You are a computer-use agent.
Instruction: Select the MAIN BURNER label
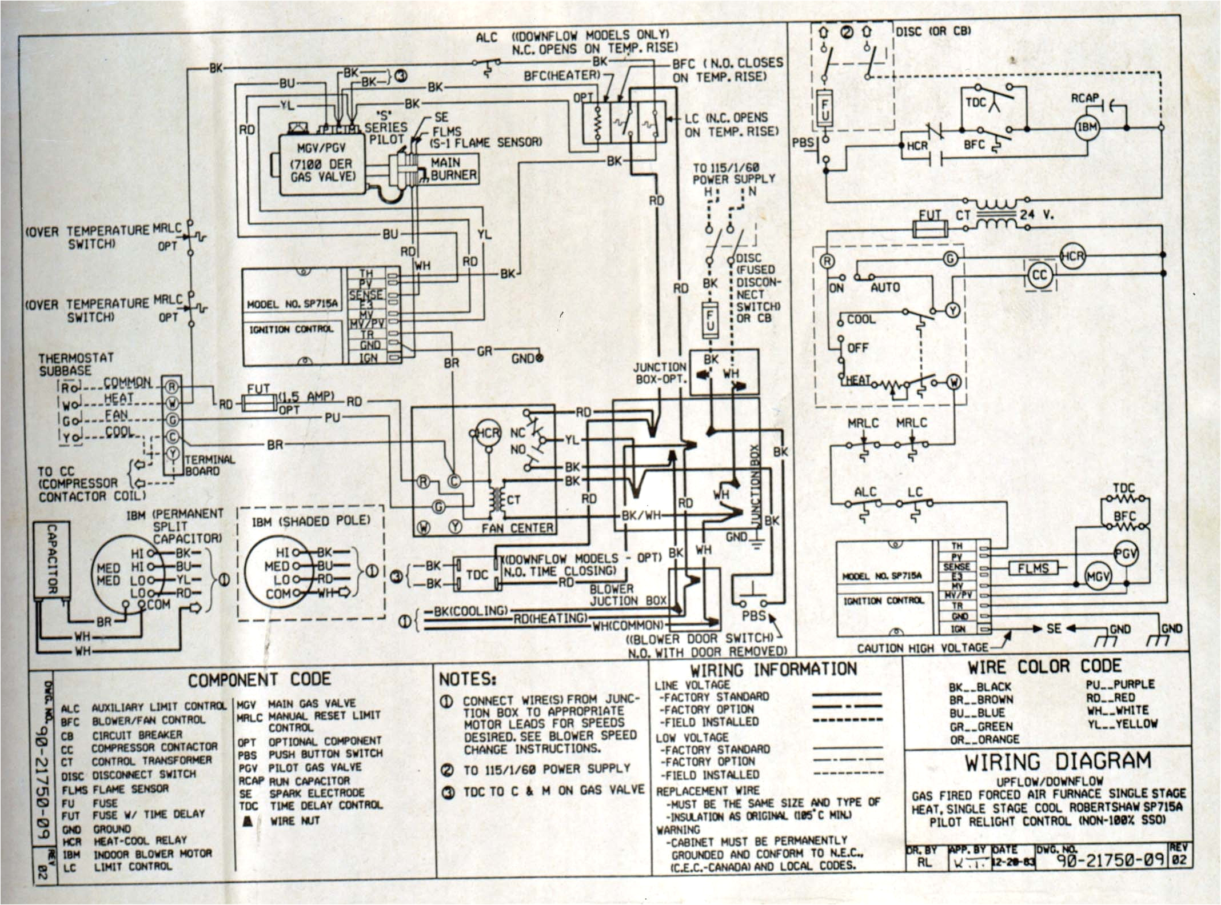[x=453, y=169]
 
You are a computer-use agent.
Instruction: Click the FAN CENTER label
[x=517, y=528]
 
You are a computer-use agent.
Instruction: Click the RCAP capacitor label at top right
[x=1084, y=98]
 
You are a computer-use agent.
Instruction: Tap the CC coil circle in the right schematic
[x=1039, y=275]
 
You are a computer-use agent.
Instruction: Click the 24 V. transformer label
[x=1036, y=215]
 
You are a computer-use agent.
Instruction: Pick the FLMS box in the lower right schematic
[x=1033, y=568]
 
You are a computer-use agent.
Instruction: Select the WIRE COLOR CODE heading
[x=1044, y=667]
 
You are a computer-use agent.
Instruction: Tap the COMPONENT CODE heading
[x=259, y=679]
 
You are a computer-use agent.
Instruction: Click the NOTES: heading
[x=467, y=679]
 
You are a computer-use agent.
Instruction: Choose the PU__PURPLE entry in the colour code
[x=1120, y=684]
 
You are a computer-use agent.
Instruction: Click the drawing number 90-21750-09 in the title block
[x=1106, y=859]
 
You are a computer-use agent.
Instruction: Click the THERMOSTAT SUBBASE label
[x=75, y=364]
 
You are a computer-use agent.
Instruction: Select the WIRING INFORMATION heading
[x=773, y=669]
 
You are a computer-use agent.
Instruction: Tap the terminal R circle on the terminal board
[x=171, y=387]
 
